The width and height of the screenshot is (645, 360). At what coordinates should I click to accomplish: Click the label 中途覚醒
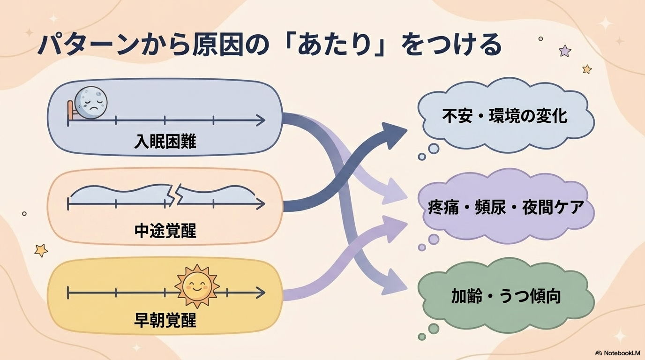coord(165,231)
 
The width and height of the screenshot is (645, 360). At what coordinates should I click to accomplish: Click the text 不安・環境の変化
coord(505,116)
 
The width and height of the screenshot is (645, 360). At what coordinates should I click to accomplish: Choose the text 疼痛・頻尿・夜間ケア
coord(506,207)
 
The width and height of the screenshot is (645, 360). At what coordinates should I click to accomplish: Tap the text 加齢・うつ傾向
coord(506,296)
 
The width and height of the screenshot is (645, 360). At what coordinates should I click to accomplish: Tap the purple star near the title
coord(565,51)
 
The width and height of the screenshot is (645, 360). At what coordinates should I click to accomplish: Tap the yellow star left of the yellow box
coord(41,250)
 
